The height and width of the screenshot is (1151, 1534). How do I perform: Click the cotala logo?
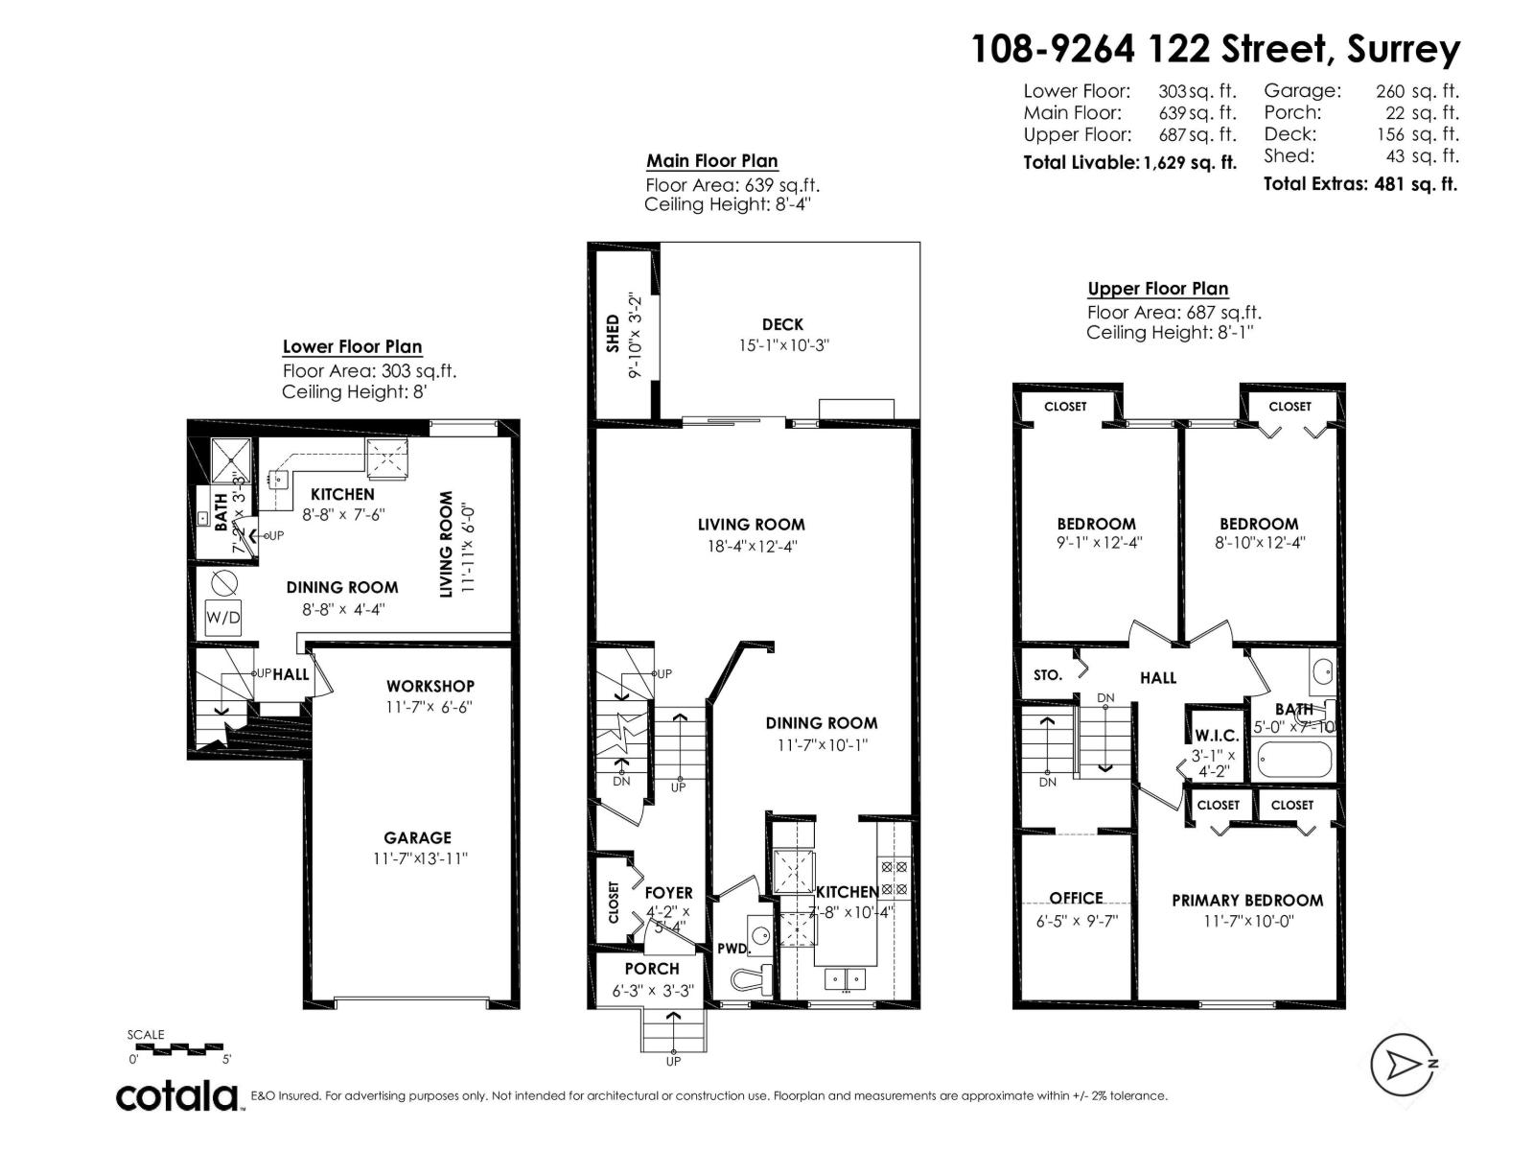pos(178,1095)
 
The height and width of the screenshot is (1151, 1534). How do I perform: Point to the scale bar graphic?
pos(178,1048)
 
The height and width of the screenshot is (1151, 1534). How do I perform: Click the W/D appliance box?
pos(223,618)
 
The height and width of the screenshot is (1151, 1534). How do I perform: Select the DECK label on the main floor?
pos(782,325)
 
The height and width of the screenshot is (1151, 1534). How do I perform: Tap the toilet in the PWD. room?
pos(747,977)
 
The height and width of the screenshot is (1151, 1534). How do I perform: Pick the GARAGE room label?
pos(417,837)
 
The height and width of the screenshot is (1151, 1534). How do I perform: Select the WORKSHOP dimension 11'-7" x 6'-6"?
pos(430,707)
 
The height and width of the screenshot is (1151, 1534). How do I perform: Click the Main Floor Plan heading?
pos(711,161)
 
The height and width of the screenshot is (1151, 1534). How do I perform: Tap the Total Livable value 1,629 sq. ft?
pos(1189,162)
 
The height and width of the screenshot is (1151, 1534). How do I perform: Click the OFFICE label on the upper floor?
pos(1076,898)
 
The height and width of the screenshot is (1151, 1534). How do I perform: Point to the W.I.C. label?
pos(1216,736)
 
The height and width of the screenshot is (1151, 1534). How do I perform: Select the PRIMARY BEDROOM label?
pos(1246,900)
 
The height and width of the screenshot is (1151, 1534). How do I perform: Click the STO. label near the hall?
pos(1047,675)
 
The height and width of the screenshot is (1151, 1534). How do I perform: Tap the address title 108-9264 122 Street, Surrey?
pos(1216,48)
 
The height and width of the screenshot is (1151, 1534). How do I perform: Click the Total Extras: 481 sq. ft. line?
pos(1360,183)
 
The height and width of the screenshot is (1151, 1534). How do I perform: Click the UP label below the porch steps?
pos(673,1061)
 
